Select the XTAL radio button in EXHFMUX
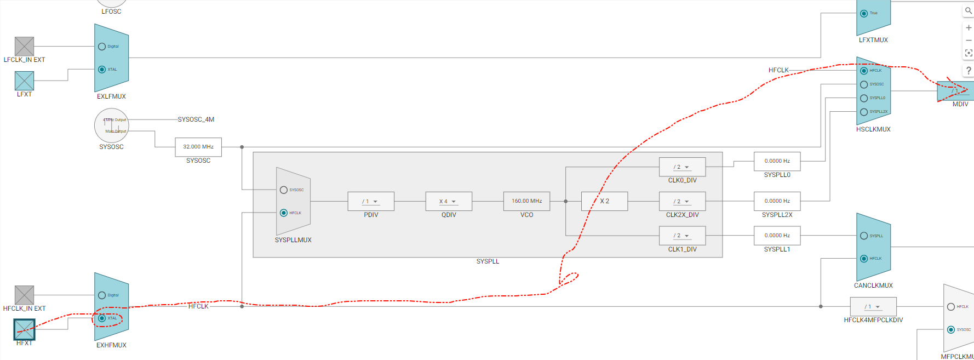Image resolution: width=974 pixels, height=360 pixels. (102, 318)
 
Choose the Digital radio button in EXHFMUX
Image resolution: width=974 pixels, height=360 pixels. (102, 295)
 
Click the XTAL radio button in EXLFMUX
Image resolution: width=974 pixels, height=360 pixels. (102, 70)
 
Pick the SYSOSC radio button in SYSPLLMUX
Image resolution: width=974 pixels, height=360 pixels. (284, 190)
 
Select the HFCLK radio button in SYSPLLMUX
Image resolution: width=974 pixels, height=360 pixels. (284, 213)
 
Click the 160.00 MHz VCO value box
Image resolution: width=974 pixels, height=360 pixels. (526, 201)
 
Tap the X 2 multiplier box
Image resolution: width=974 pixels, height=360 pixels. (604, 201)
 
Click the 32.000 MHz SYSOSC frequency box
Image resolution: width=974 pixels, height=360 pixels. (198, 147)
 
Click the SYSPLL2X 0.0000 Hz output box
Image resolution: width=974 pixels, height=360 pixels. (777, 201)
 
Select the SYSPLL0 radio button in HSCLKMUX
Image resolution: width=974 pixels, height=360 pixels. (864, 98)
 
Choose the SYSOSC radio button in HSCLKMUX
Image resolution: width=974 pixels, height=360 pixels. (864, 84)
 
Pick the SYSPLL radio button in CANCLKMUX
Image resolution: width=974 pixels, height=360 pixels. (864, 236)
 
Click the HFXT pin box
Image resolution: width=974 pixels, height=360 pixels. (24, 329)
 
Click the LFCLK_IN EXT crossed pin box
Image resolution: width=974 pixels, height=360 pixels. (24, 47)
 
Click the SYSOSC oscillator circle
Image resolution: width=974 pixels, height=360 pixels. (111, 125)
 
